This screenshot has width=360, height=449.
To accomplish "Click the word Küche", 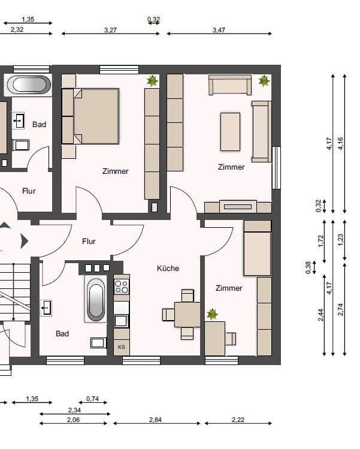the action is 168,269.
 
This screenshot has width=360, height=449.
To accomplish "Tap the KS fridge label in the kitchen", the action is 122,347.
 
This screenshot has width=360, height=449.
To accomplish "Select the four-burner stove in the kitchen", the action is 122,287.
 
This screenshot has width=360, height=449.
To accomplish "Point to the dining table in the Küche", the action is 187,314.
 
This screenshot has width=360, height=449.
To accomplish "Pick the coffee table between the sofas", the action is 230,132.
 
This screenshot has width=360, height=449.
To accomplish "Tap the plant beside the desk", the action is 212,314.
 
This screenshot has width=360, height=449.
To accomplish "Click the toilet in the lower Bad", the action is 98,343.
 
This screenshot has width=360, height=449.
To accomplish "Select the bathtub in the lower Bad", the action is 96,299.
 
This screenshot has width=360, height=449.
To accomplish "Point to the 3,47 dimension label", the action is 219,30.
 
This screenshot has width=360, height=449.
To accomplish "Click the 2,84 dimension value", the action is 155,420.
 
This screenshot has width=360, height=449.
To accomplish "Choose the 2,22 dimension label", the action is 238,420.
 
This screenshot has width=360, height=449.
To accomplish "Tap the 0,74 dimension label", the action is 92,399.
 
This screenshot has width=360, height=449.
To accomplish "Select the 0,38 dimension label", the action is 308,267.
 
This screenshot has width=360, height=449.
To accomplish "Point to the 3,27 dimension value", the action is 110,30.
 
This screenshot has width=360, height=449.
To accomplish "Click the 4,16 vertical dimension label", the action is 341,143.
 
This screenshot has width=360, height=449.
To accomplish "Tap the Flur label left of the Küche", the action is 89,242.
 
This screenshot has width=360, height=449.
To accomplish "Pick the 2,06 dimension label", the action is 73,420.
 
